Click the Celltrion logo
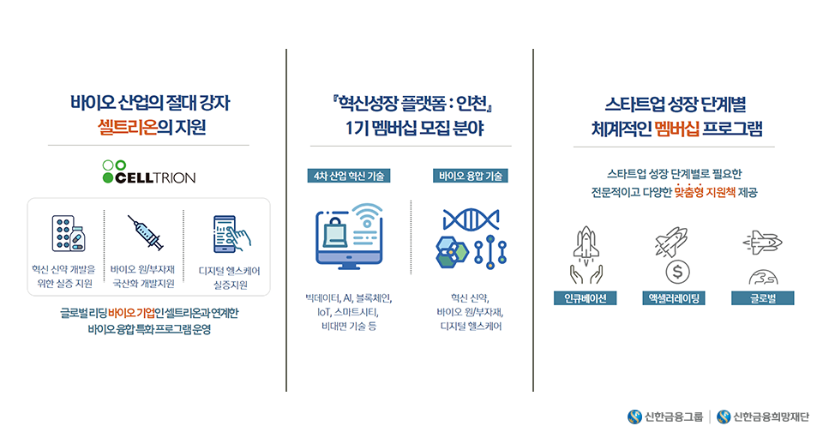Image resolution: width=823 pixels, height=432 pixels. click(148, 172)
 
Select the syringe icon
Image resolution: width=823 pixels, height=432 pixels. click(145, 232)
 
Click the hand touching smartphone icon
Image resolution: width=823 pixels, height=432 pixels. click(231, 234)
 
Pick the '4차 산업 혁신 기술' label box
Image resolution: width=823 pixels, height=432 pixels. click(349, 176)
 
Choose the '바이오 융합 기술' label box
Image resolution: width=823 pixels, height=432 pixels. click(471, 176)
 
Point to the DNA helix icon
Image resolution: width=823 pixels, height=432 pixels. click(471, 219)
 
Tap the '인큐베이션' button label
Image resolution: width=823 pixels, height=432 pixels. click(586, 298)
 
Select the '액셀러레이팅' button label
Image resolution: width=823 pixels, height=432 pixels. click(674, 298)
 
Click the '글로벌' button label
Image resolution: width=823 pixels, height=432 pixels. click(763, 298)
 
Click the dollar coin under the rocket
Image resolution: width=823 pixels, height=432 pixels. click(677, 272)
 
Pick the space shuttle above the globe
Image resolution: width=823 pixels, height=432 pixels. click(763, 243)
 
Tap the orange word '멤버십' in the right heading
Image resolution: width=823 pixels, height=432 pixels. click(677, 129)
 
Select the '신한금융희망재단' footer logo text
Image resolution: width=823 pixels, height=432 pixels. click(771, 417)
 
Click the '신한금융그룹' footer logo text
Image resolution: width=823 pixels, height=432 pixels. click(674, 417)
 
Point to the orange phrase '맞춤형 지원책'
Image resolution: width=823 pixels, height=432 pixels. click(705, 193)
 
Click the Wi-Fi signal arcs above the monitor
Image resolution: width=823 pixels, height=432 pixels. click(368, 214)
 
